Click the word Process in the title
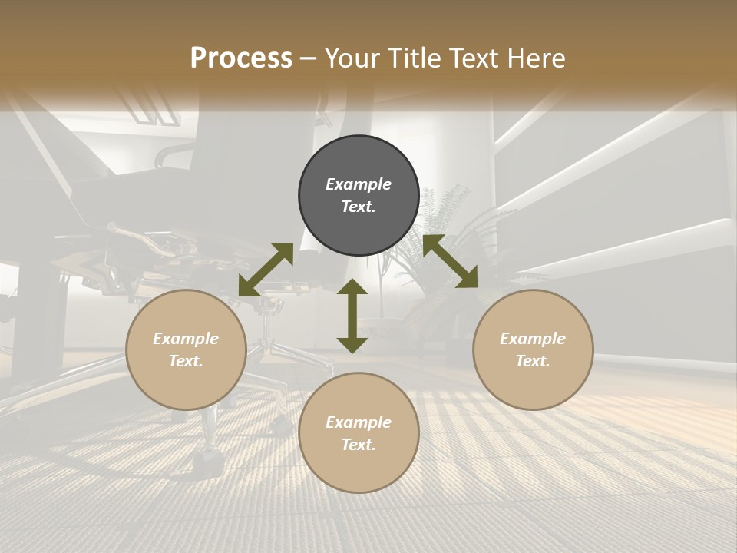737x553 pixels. click(241, 58)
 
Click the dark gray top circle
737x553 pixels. click(359, 196)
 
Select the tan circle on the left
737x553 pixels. click(186, 350)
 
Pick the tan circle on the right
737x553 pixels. click(533, 350)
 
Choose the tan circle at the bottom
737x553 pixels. click(359, 433)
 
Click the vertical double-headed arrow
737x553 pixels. click(352, 316)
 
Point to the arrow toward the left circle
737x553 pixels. click(266, 270)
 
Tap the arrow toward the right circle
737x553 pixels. click(450, 262)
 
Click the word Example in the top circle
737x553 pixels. click(359, 184)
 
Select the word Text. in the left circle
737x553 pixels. click(186, 361)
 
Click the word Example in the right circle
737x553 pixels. click(533, 339)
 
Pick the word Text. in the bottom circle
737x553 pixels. click(359, 445)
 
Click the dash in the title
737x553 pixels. click(309, 59)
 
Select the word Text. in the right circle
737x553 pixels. click(533, 361)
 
